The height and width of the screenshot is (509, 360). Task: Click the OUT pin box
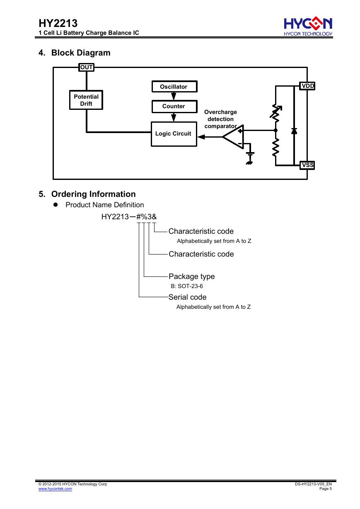pyautogui.click(x=86, y=67)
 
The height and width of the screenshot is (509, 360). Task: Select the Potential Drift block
pyautogui.click(x=86, y=100)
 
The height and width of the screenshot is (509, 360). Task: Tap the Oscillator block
pyautogui.click(x=174, y=87)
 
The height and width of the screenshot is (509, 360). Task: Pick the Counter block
pyautogui.click(x=174, y=107)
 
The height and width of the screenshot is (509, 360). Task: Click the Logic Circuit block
pyautogui.click(x=174, y=134)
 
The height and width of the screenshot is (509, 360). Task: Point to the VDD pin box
pyautogui.click(x=307, y=86)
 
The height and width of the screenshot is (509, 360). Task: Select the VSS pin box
pyautogui.click(x=307, y=165)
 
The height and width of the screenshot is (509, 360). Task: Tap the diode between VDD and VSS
pyautogui.click(x=294, y=131)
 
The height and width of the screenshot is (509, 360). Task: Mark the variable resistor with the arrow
pyautogui.click(x=275, y=112)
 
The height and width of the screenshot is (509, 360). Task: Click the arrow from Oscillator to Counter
pyautogui.click(x=174, y=96)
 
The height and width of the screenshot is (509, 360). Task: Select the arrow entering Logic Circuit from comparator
pyautogui.click(x=210, y=137)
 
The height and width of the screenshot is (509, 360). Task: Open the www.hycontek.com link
pyautogui.click(x=55, y=489)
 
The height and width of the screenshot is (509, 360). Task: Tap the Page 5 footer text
pyautogui.click(x=326, y=489)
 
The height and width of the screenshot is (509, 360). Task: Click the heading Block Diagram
pyautogui.click(x=81, y=53)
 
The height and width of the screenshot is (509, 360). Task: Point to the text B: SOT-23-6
pyautogui.click(x=187, y=286)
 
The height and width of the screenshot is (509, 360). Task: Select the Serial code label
pyautogui.click(x=188, y=297)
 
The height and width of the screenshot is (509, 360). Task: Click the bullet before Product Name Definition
pyautogui.click(x=56, y=204)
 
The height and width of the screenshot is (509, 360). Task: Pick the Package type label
pyautogui.click(x=192, y=276)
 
